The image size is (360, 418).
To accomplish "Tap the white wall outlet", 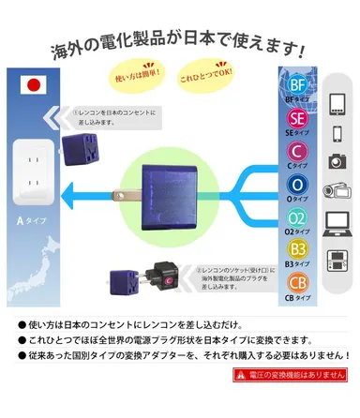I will coord(37,172).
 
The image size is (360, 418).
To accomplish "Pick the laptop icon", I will coord(338,223).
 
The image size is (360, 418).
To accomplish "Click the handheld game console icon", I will coord(338,257).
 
